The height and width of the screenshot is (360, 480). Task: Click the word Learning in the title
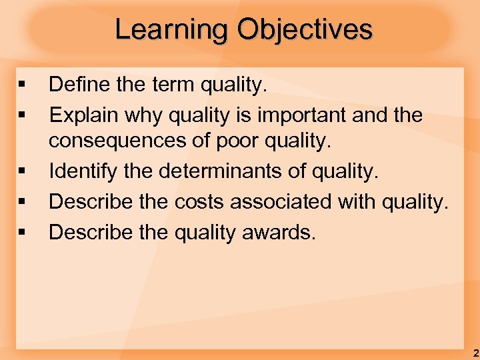pyautogui.click(x=171, y=30)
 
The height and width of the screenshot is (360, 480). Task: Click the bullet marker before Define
pyautogui.click(x=23, y=85)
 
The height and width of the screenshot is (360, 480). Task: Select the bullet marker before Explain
pyautogui.click(x=23, y=115)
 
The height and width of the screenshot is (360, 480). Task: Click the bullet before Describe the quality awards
pyautogui.click(x=23, y=233)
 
